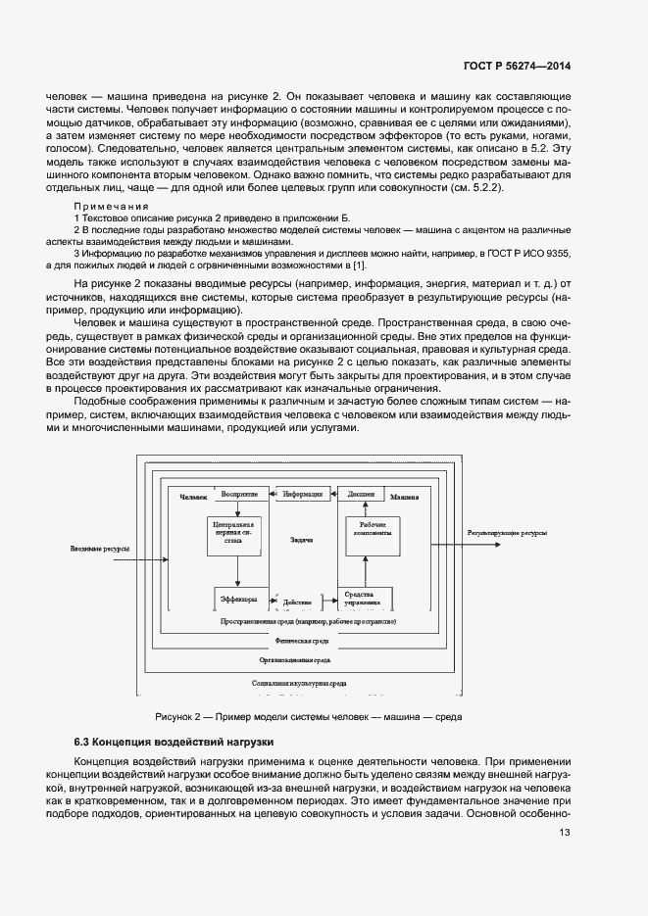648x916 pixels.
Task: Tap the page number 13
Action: point(565,833)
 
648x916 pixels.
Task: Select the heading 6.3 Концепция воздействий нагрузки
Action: point(174,741)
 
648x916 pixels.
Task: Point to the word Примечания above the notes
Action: point(111,207)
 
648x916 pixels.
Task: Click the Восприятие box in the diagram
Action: point(239,494)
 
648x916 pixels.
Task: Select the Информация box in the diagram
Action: point(303,494)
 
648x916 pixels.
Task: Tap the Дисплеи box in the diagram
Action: point(361,494)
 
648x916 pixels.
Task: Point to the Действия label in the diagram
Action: point(297,603)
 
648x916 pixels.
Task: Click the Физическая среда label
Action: point(301,640)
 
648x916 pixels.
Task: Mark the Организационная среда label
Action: point(301,661)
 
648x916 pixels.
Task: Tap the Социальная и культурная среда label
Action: point(299,682)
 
